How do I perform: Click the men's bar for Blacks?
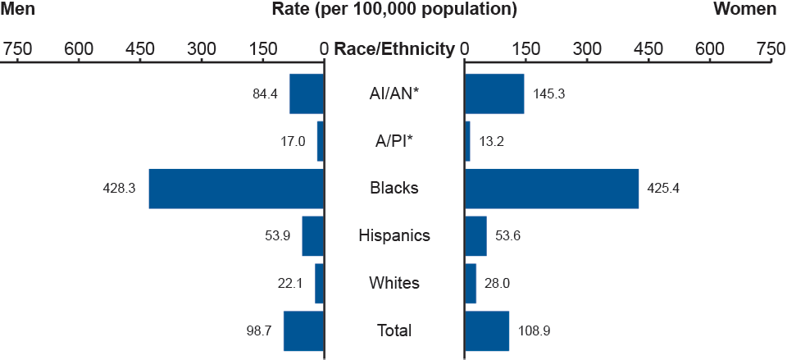pos(236,189)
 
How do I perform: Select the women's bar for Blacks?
pos(552,189)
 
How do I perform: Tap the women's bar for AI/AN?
pos(494,94)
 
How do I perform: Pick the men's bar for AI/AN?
pos(307,94)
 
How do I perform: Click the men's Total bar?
pos(304,331)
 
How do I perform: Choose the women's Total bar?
pos(487,331)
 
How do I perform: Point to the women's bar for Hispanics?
pos(475,236)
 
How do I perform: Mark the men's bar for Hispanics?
pos(313,236)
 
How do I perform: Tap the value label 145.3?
pos(548,94)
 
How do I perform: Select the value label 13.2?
pos(492,141)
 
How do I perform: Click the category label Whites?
pos(394,284)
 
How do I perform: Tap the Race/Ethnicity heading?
pos(394,49)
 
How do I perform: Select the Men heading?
pos(18,10)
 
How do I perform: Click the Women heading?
pos(745,10)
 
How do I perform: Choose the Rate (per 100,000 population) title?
pos(394,10)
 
